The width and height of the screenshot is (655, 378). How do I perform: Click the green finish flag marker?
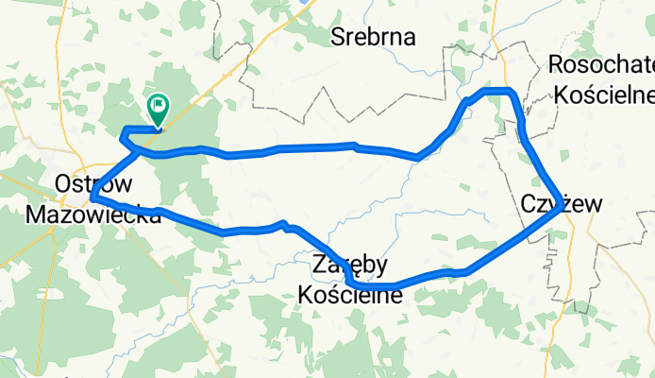click(157, 111)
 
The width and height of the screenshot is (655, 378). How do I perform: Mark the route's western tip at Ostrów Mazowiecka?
click(94, 198)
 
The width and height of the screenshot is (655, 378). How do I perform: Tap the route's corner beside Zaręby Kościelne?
click(351, 283)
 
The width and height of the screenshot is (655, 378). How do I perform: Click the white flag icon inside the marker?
click(158, 107)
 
